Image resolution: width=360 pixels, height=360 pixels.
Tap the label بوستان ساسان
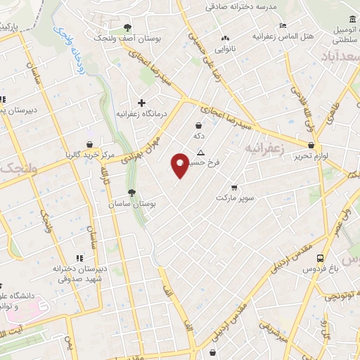coord(131,203)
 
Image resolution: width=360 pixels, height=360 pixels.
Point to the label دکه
coord(200,136)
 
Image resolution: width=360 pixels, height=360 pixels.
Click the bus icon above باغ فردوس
coord(320,258)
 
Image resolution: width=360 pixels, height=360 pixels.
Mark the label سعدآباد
coord(340,56)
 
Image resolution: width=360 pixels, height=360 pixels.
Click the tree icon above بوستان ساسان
coord(131,192)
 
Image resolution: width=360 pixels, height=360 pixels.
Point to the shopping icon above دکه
coord(200,125)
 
